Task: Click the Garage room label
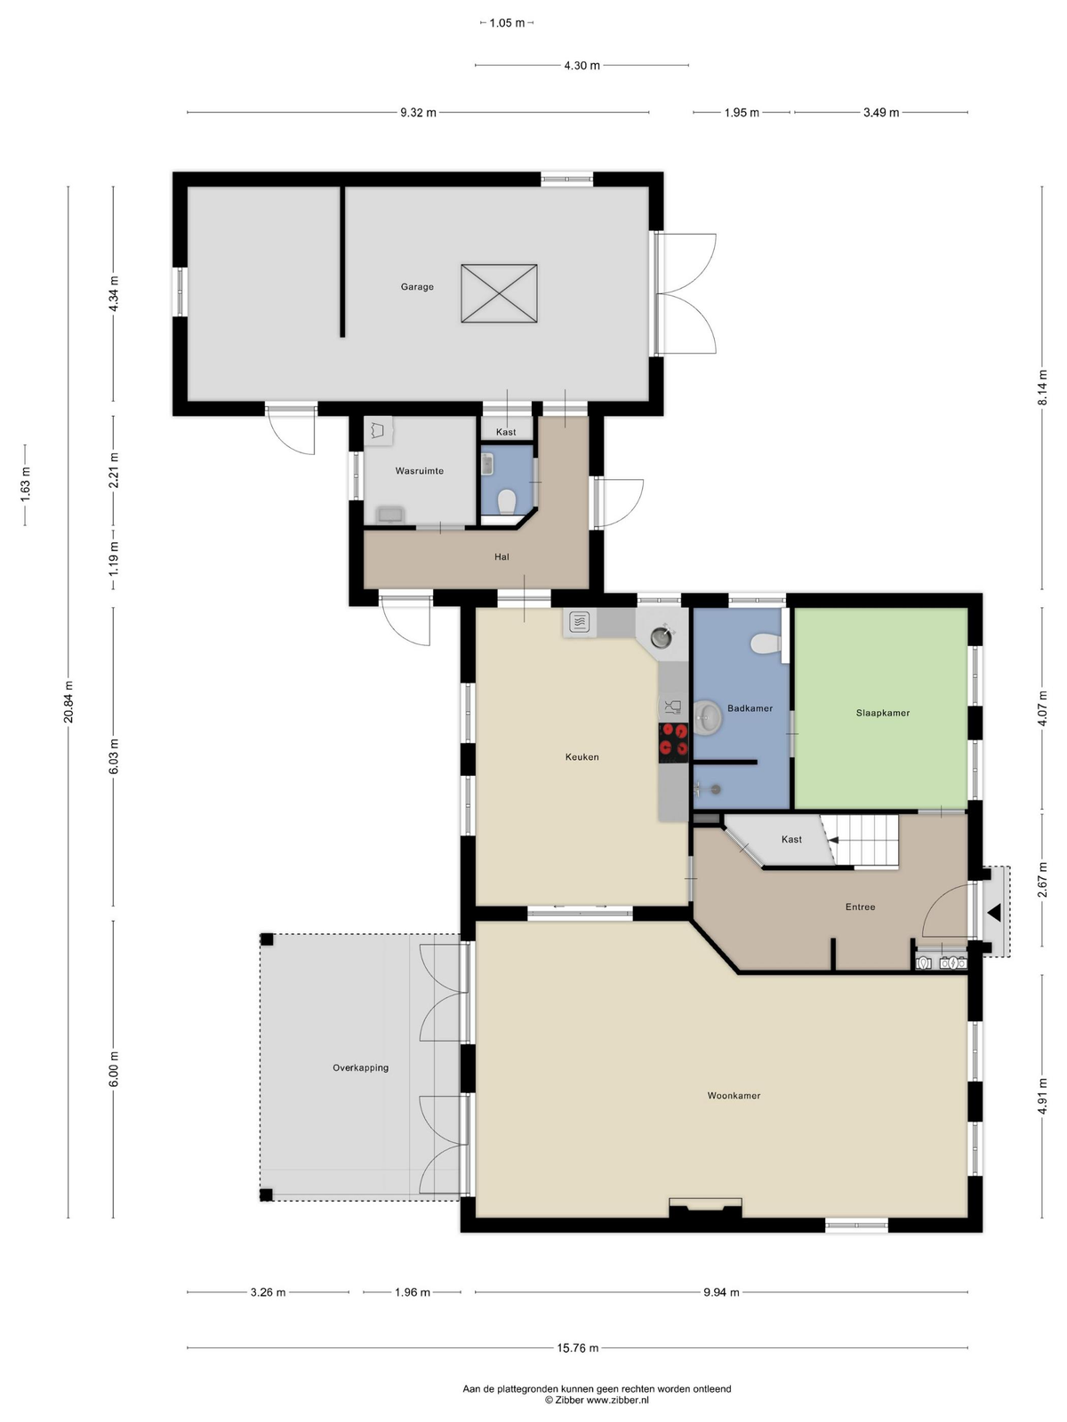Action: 416,287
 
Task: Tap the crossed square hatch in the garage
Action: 499,292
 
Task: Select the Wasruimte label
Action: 419,471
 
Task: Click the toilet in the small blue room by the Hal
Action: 506,500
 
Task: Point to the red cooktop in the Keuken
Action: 673,742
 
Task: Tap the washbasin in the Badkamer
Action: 708,717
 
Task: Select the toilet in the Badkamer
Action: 766,643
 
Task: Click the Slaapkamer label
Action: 882,713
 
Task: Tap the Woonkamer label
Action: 734,1096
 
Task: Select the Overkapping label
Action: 360,1067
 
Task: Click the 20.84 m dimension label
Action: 68,701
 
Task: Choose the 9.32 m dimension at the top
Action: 418,113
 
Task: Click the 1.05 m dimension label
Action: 507,23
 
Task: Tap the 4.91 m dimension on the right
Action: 1042,1096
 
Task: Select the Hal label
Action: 501,556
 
